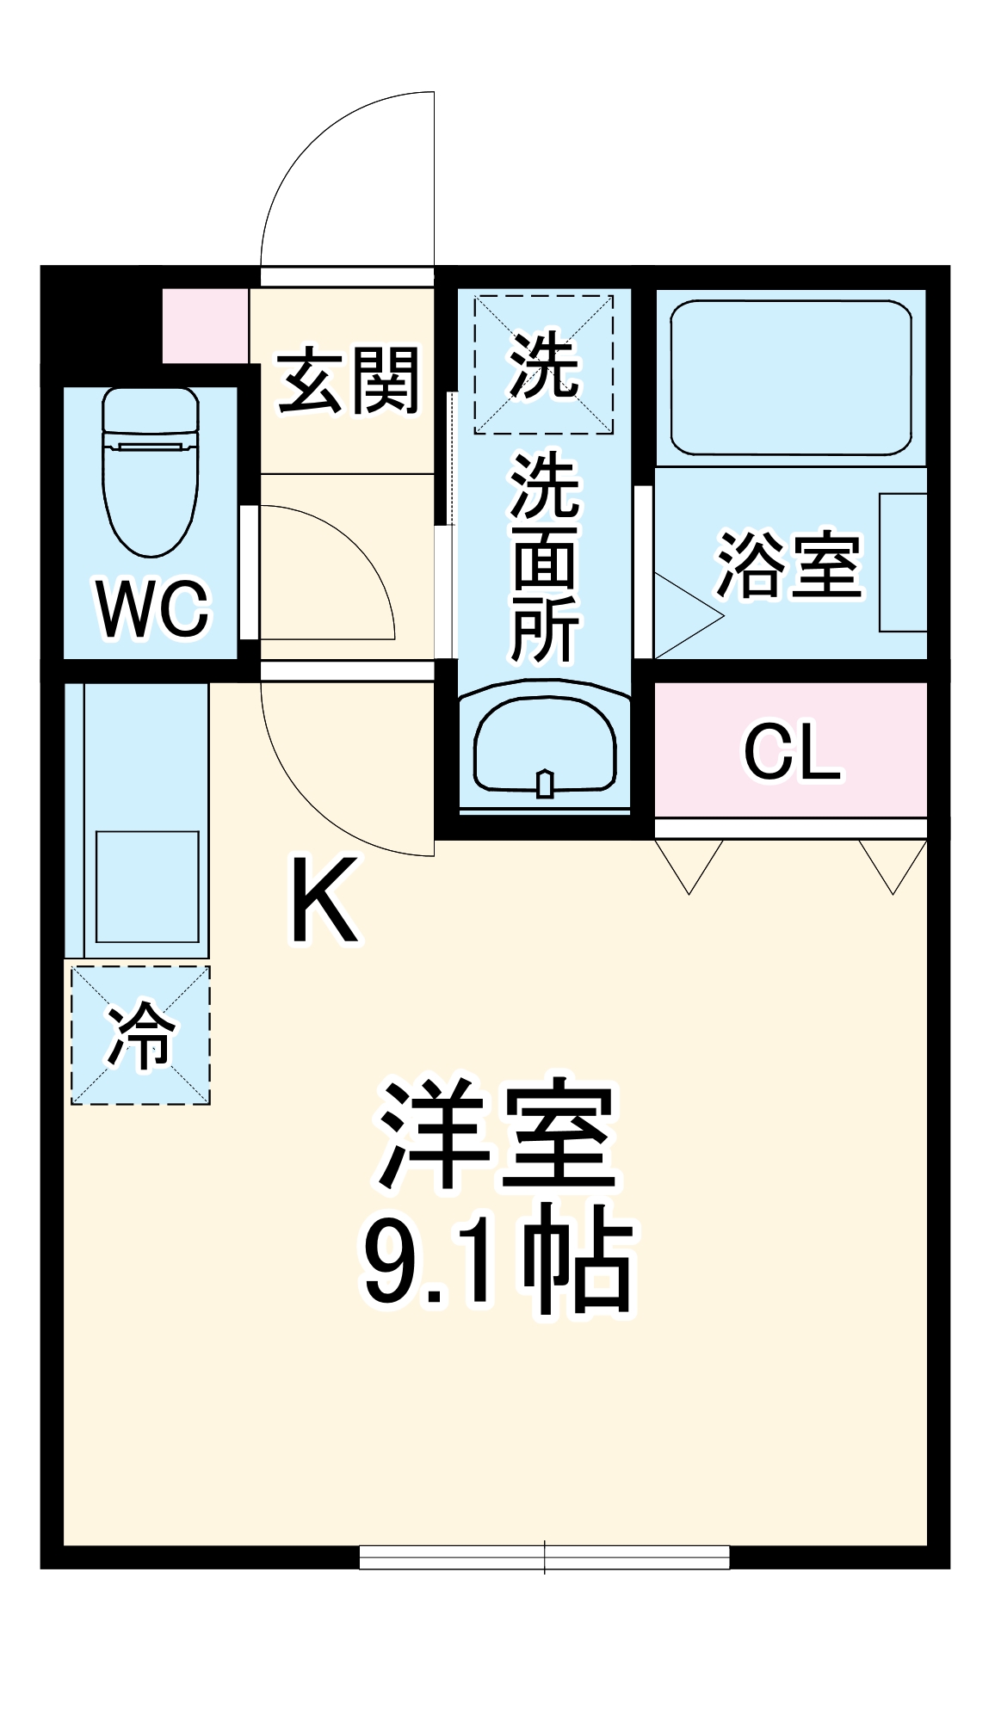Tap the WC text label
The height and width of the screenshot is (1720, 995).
(x=153, y=609)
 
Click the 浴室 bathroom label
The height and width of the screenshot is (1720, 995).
(x=789, y=565)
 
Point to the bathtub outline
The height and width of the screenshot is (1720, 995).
(x=790, y=378)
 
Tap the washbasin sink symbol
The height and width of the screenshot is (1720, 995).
(x=544, y=745)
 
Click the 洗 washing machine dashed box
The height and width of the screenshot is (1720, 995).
(x=543, y=364)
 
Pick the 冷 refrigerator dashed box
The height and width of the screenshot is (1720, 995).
(x=140, y=1034)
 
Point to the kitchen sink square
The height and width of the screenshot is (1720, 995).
(x=147, y=886)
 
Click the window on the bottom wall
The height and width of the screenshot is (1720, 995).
(x=544, y=1557)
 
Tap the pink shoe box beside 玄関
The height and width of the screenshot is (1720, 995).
(x=206, y=326)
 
